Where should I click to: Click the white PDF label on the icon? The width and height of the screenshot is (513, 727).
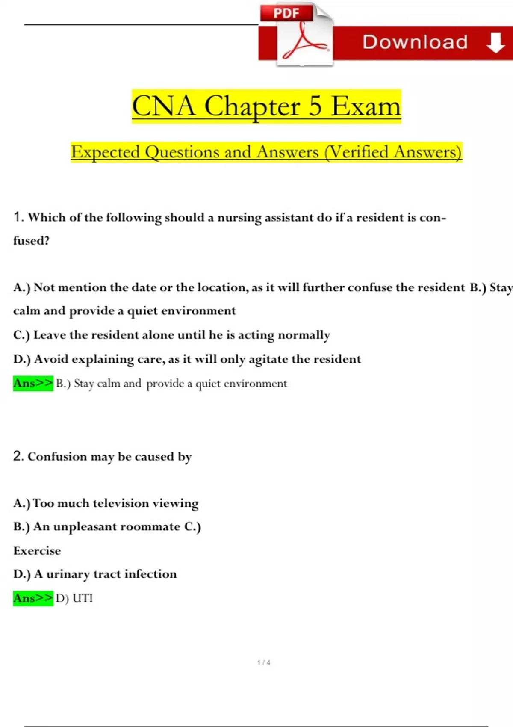click(286, 13)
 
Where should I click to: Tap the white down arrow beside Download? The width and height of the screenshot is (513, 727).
click(495, 42)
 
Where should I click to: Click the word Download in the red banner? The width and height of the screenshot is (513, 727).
click(415, 42)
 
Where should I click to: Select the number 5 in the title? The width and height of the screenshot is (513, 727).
click(315, 106)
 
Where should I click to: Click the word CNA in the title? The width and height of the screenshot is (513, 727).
click(163, 106)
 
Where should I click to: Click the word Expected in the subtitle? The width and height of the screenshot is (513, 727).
click(105, 152)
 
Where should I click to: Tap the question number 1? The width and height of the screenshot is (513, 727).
click(18, 217)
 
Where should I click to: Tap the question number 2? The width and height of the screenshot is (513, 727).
click(18, 456)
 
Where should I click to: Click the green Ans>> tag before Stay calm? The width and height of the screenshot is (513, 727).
click(33, 383)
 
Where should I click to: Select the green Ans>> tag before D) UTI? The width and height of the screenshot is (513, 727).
click(33, 598)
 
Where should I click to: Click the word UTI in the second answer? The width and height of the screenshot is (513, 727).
click(83, 598)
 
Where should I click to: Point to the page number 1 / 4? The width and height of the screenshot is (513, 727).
click(264, 662)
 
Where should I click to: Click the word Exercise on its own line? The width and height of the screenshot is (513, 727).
click(37, 550)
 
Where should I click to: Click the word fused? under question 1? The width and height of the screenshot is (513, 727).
click(31, 241)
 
